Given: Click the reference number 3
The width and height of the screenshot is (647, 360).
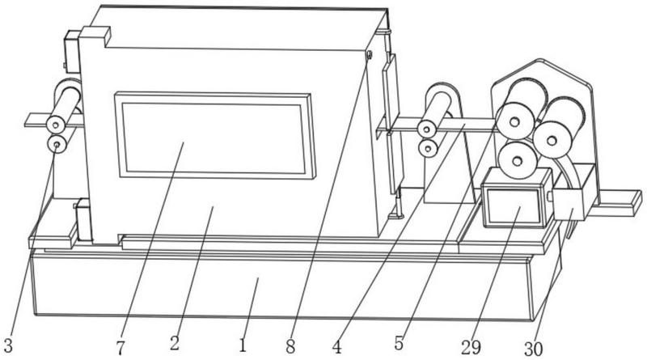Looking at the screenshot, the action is [x=9, y=345].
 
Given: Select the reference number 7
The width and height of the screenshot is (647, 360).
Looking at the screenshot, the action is [x=120, y=348].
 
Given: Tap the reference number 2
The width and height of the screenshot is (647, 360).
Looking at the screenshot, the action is [x=175, y=344].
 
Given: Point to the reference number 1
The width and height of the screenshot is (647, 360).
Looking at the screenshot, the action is [x=243, y=345].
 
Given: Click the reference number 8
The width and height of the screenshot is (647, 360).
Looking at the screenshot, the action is [x=291, y=346].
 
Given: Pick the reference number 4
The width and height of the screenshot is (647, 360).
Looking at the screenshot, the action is [x=337, y=347].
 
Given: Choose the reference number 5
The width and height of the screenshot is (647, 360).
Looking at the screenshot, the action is [x=399, y=343].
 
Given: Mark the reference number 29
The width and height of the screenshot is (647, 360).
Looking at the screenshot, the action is [x=472, y=348].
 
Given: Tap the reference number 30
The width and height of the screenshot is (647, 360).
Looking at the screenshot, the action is [x=534, y=349].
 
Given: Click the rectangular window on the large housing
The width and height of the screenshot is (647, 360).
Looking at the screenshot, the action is [x=215, y=136].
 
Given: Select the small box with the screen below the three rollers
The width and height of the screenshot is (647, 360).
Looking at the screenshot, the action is [x=516, y=197].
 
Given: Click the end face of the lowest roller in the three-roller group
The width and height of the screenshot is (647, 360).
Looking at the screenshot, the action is [x=518, y=161].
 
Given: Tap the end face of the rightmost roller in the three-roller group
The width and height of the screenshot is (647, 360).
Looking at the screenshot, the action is [x=552, y=140].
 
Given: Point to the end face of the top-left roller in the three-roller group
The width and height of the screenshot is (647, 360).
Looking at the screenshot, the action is [x=514, y=121].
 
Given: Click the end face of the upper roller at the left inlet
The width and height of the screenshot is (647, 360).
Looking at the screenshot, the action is [x=56, y=125].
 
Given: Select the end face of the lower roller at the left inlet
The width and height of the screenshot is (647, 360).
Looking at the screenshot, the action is [x=57, y=145].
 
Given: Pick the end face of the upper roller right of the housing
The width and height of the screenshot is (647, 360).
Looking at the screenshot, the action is [x=428, y=129].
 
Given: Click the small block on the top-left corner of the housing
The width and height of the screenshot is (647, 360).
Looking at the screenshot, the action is [x=96, y=34].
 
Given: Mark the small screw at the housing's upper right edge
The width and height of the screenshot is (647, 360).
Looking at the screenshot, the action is [x=370, y=54].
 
